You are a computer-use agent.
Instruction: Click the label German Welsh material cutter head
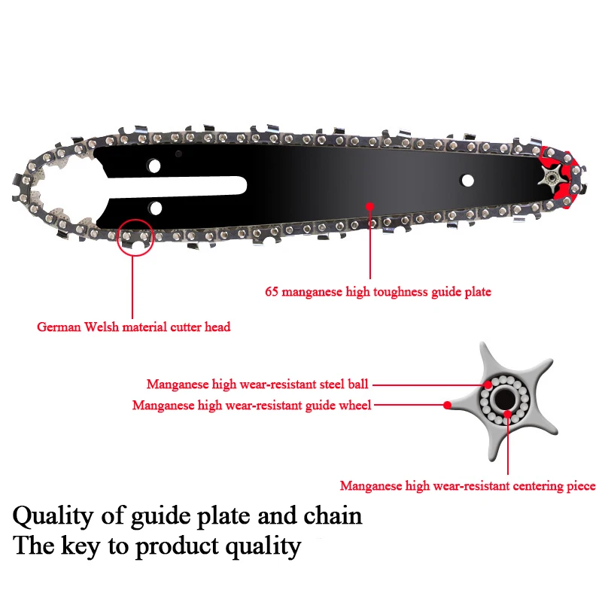click(x=134, y=327)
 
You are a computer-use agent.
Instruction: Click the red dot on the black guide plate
click(x=369, y=205)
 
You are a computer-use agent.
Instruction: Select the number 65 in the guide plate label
click(x=272, y=291)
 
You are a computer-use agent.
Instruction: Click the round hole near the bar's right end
click(x=468, y=181)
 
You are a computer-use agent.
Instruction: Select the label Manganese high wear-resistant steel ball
click(x=257, y=384)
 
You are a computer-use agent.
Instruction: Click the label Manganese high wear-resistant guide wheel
click(x=251, y=405)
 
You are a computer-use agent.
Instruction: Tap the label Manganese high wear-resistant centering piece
click(x=467, y=486)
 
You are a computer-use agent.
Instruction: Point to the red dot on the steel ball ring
click(x=487, y=384)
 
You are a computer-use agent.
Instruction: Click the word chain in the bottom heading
click(x=333, y=516)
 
